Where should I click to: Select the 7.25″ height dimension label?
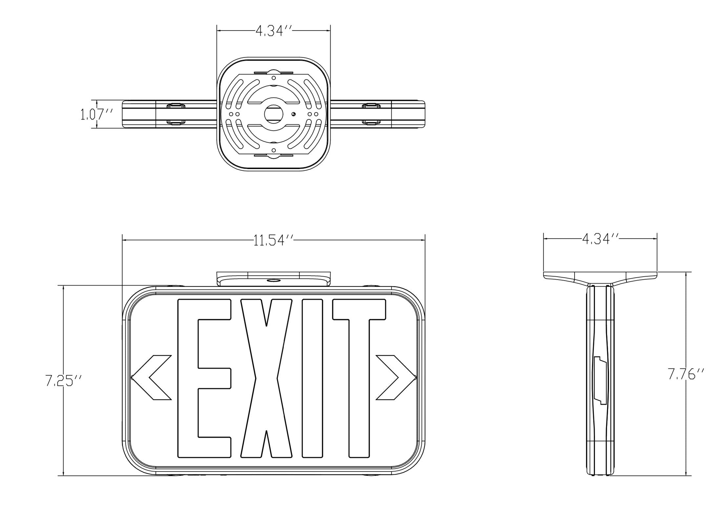coord(63,380)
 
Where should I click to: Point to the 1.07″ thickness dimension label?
coord(97,114)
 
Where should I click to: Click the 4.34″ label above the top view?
coord(274,31)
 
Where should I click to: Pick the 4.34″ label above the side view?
coord(600,239)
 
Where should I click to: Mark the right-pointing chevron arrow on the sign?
coord(396,378)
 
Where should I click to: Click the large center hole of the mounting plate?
coord(274,114)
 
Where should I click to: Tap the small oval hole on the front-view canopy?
coord(273,281)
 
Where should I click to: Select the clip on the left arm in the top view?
coord(176,114)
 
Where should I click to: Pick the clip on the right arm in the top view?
coord(371,114)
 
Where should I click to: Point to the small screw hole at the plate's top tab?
coord(274,78)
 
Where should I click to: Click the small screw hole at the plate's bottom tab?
coord(274,150)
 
